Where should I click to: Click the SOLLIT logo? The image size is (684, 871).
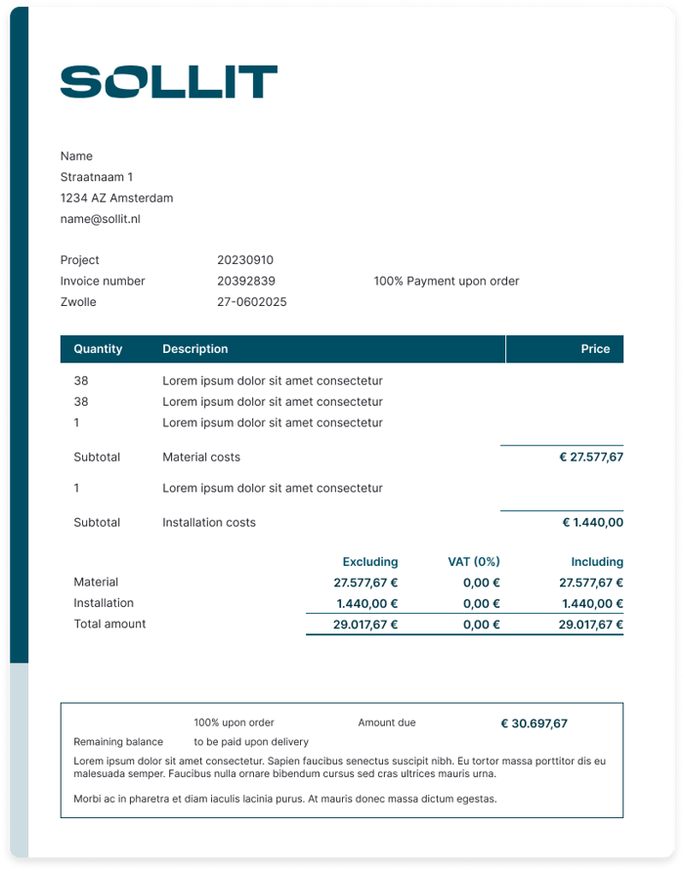168,82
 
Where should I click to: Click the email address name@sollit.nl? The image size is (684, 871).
100,219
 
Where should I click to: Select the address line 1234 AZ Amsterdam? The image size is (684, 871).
116,198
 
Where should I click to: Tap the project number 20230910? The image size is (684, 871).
245,260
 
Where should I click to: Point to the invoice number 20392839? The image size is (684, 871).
246,281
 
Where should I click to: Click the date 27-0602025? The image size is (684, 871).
252,302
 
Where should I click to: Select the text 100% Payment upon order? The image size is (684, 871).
446,281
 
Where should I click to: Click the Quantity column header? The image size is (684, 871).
98,349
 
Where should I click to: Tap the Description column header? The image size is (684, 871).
195,349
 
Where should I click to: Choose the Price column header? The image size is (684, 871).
595,349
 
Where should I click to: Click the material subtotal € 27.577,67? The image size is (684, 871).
590,457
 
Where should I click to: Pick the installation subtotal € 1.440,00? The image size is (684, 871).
592,522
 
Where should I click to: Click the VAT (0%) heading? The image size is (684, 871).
473,562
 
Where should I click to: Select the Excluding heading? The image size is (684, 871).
369,562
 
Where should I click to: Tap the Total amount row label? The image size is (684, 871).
109,624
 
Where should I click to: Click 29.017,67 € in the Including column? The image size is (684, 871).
590,624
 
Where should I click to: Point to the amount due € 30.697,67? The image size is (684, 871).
534,724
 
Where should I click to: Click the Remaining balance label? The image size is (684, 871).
118,742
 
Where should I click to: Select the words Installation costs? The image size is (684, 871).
209,522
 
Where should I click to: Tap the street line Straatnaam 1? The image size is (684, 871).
97,177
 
